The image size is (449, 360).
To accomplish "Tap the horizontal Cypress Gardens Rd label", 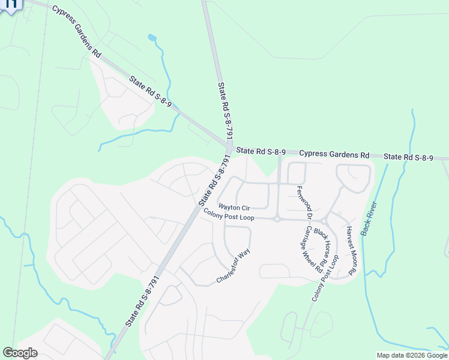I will (x=334, y=154).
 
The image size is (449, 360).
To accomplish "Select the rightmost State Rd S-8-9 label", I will (x=408, y=157).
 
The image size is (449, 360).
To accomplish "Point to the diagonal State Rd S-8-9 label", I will (x=150, y=91).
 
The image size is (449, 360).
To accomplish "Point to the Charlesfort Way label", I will (x=233, y=266).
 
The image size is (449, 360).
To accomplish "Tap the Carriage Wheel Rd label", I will (x=311, y=249).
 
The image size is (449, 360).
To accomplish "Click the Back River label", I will (x=369, y=217).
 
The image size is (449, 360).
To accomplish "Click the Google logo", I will (x=20, y=352).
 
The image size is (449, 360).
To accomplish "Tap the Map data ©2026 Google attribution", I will (x=412, y=355).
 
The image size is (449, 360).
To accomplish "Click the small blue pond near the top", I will (x=152, y=38).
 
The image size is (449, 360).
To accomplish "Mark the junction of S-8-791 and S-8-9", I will (x=229, y=147).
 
